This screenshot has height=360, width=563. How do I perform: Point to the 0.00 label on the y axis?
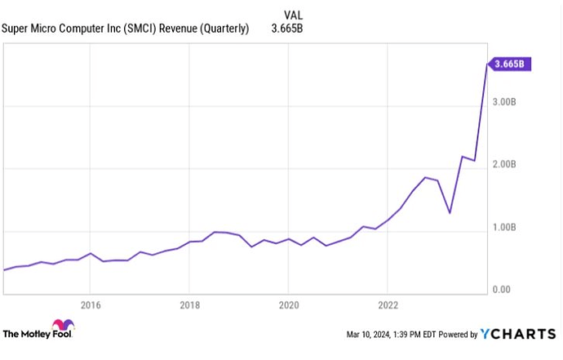(501, 290)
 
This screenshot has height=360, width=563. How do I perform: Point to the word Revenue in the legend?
(186, 29)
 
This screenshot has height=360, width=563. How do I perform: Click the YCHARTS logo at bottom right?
(520, 334)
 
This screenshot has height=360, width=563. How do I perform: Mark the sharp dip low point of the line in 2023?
(450, 213)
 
